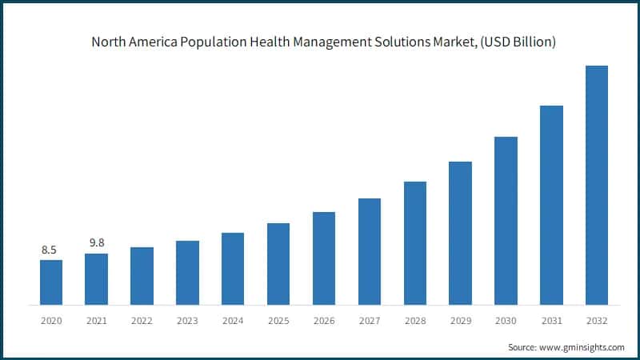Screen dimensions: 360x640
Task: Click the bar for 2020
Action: (50, 282)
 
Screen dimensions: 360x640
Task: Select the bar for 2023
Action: (187, 273)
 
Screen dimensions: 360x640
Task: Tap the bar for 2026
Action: (323, 258)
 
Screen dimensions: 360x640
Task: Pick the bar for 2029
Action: (460, 233)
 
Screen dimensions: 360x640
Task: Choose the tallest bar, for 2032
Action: (597, 185)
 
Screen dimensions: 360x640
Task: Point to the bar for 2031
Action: (551, 205)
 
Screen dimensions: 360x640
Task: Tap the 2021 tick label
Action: (96, 321)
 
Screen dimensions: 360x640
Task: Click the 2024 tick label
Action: (233, 321)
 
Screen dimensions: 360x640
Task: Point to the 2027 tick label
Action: (369, 321)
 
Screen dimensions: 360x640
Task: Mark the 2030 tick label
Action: (506, 321)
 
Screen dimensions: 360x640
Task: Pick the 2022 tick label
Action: (142, 321)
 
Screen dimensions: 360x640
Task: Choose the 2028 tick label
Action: (414, 321)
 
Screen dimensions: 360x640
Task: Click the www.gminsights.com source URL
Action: (582, 347)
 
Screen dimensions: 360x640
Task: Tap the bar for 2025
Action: (278, 264)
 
